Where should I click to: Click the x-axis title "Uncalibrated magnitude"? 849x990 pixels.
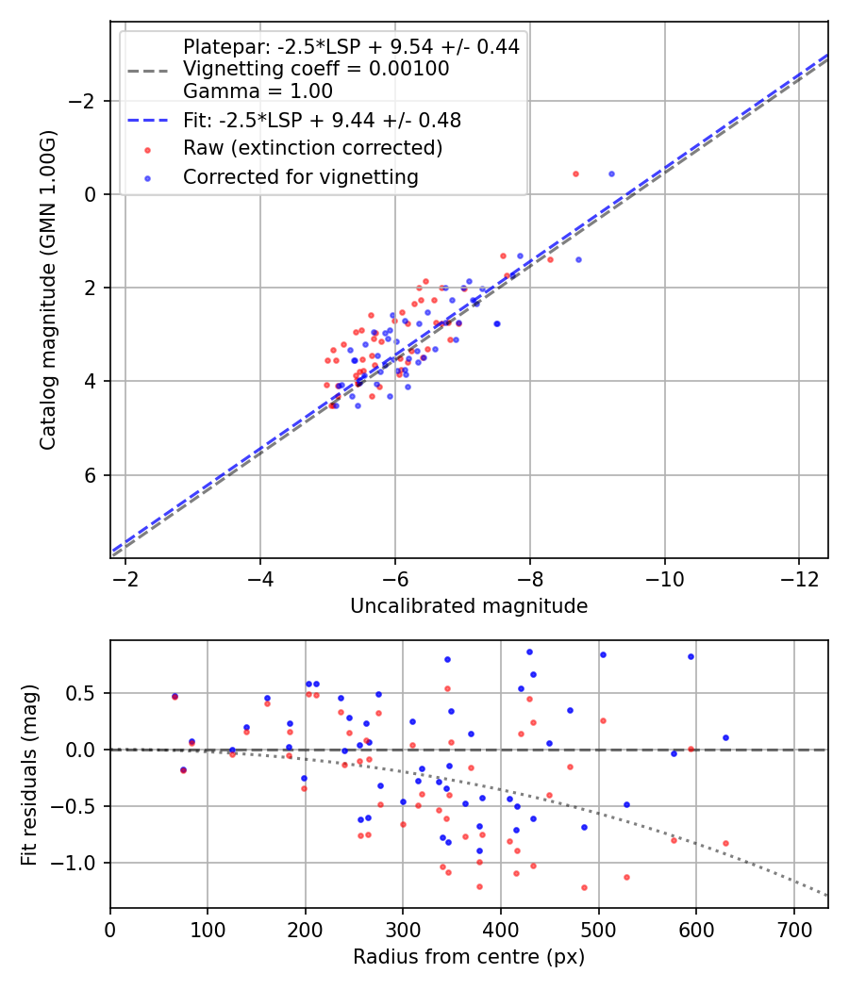469,606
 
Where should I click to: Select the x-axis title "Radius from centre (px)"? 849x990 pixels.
469,957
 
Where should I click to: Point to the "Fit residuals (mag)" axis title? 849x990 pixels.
29,774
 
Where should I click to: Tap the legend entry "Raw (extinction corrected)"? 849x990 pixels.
312,148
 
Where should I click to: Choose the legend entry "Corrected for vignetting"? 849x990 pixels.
300,176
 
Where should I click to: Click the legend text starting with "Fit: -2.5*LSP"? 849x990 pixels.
322,120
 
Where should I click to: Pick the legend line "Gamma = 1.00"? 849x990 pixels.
258,91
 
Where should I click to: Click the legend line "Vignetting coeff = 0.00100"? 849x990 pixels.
316,69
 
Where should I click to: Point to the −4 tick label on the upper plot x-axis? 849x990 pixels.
260,577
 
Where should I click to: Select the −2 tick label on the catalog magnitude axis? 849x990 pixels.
86,101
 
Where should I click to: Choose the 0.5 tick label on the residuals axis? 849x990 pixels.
86,693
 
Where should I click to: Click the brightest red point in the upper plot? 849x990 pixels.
575,173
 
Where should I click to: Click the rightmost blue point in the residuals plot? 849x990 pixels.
725,737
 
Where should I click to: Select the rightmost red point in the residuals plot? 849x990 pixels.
725,843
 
